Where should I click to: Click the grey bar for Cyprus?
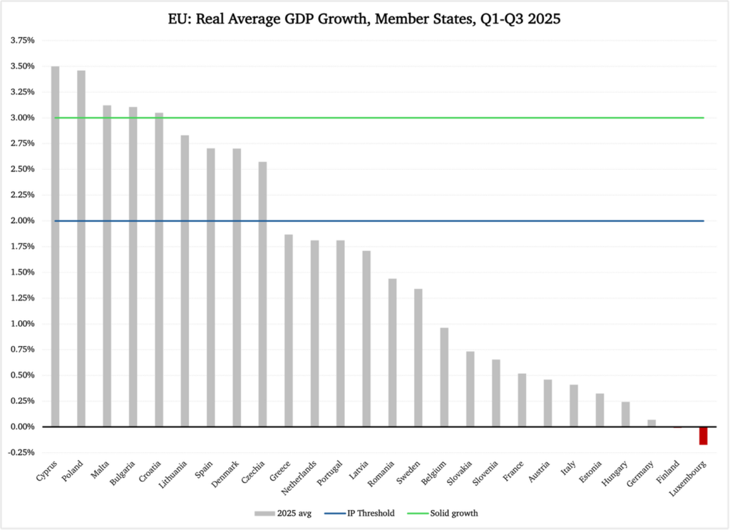click(x=55, y=246)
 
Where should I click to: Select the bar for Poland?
click(x=81, y=248)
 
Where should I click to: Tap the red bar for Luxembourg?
click(x=703, y=435)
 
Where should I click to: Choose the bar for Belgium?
click(x=444, y=377)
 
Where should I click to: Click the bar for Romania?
click(x=392, y=352)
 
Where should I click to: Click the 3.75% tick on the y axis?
click(x=23, y=41)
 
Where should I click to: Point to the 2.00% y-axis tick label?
click(x=23, y=221)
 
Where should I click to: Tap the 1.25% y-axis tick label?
click(x=23, y=298)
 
